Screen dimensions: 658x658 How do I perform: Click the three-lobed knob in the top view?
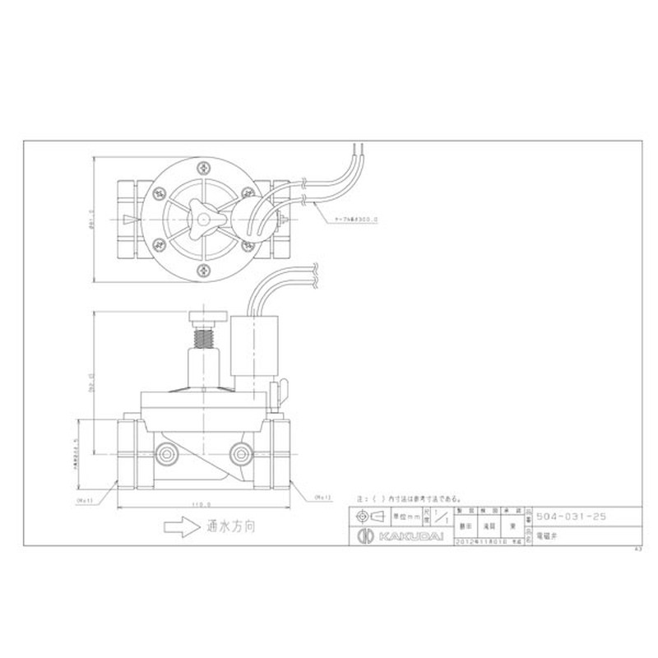202,215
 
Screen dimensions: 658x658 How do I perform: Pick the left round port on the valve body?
168,452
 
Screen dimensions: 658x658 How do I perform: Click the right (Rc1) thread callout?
322,498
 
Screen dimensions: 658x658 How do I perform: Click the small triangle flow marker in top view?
128,218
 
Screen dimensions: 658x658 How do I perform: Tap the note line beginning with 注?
408,498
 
